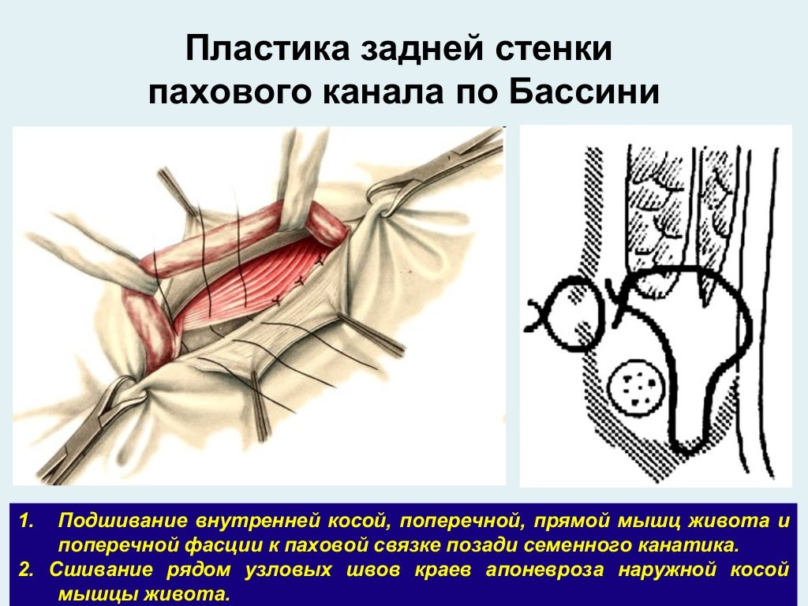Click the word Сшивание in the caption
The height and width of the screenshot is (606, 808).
99,570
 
